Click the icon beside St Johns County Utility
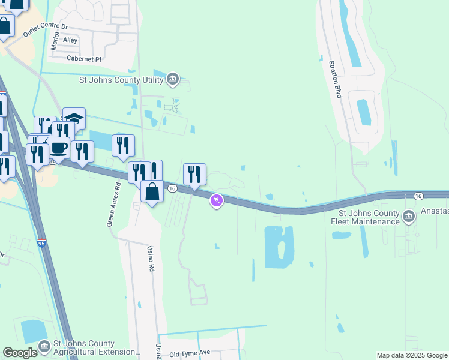(x=172, y=79)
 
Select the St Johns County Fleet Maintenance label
(x=369, y=217)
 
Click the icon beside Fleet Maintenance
(x=408, y=215)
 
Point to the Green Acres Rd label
(x=111, y=204)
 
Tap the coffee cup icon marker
(x=58, y=147)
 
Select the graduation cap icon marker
(x=74, y=118)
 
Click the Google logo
(x=20, y=353)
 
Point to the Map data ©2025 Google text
(x=411, y=355)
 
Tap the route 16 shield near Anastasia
(x=418, y=196)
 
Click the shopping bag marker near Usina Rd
(x=152, y=191)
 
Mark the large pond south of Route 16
(x=279, y=247)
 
